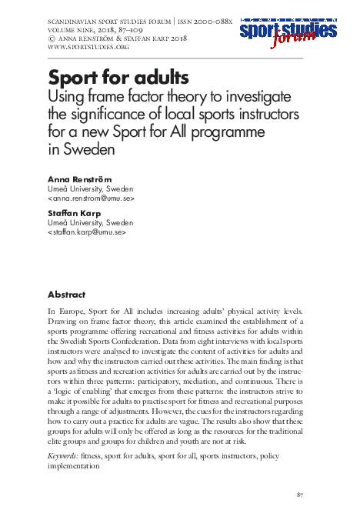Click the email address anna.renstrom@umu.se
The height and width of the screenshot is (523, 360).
click(91, 198)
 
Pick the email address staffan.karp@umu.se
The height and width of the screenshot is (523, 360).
click(87, 232)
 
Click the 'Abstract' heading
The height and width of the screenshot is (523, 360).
click(66, 295)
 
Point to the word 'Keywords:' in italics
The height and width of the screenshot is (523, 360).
click(63, 457)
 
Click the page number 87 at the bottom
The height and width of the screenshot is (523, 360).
click(301, 494)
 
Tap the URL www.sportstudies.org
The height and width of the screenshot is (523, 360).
click(88, 47)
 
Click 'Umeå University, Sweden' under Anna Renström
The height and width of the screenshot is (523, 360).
click(90, 188)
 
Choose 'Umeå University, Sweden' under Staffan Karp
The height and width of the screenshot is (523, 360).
click(90, 222)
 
